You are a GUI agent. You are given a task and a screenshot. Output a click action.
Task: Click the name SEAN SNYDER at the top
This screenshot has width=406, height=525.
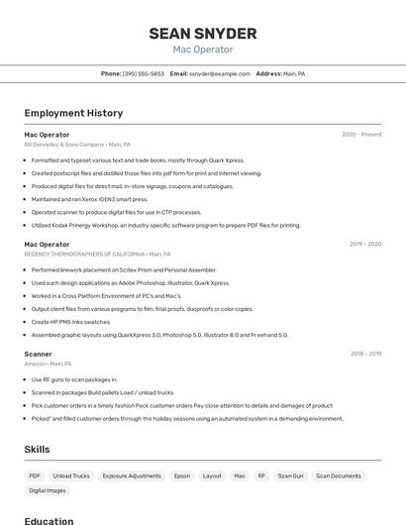[x=202, y=34]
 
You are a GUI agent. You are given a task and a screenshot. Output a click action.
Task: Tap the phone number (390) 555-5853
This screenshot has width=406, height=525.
[x=144, y=74]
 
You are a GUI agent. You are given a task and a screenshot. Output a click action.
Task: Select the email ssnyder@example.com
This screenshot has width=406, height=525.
[x=219, y=74]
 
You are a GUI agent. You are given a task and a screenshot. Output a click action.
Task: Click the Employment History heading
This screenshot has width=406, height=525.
[x=73, y=114]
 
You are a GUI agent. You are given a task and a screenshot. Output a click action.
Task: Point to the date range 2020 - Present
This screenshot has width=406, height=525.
[x=361, y=135]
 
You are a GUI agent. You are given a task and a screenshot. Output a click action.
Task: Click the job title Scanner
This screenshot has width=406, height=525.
[x=38, y=354]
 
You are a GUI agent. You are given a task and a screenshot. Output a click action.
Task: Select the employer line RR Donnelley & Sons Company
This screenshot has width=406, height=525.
[x=63, y=145]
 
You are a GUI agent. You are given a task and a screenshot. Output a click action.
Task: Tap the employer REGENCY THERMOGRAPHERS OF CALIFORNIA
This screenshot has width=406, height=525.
[x=84, y=254]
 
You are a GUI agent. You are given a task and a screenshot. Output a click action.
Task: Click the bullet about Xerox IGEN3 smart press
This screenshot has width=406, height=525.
[x=89, y=199]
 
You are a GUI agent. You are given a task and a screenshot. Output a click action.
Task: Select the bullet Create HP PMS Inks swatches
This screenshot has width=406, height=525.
[x=71, y=322]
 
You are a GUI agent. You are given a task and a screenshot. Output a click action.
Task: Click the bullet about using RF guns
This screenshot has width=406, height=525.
[x=74, y=379]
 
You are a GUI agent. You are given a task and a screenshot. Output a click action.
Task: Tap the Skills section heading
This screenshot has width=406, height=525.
[x=37, y=450]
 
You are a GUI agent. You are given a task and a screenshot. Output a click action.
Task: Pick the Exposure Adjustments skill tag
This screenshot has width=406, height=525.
[x=132, y=476]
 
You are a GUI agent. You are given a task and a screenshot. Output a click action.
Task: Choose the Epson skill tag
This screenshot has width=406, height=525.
[x=181, y=476]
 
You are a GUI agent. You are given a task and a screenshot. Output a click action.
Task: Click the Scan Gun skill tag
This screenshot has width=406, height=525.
[x=290, y=476]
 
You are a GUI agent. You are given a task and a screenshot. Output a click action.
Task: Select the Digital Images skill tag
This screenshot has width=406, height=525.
[x=48, y=490]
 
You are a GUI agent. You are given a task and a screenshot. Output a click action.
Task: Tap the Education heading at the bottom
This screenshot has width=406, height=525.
[x=49, y=520]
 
